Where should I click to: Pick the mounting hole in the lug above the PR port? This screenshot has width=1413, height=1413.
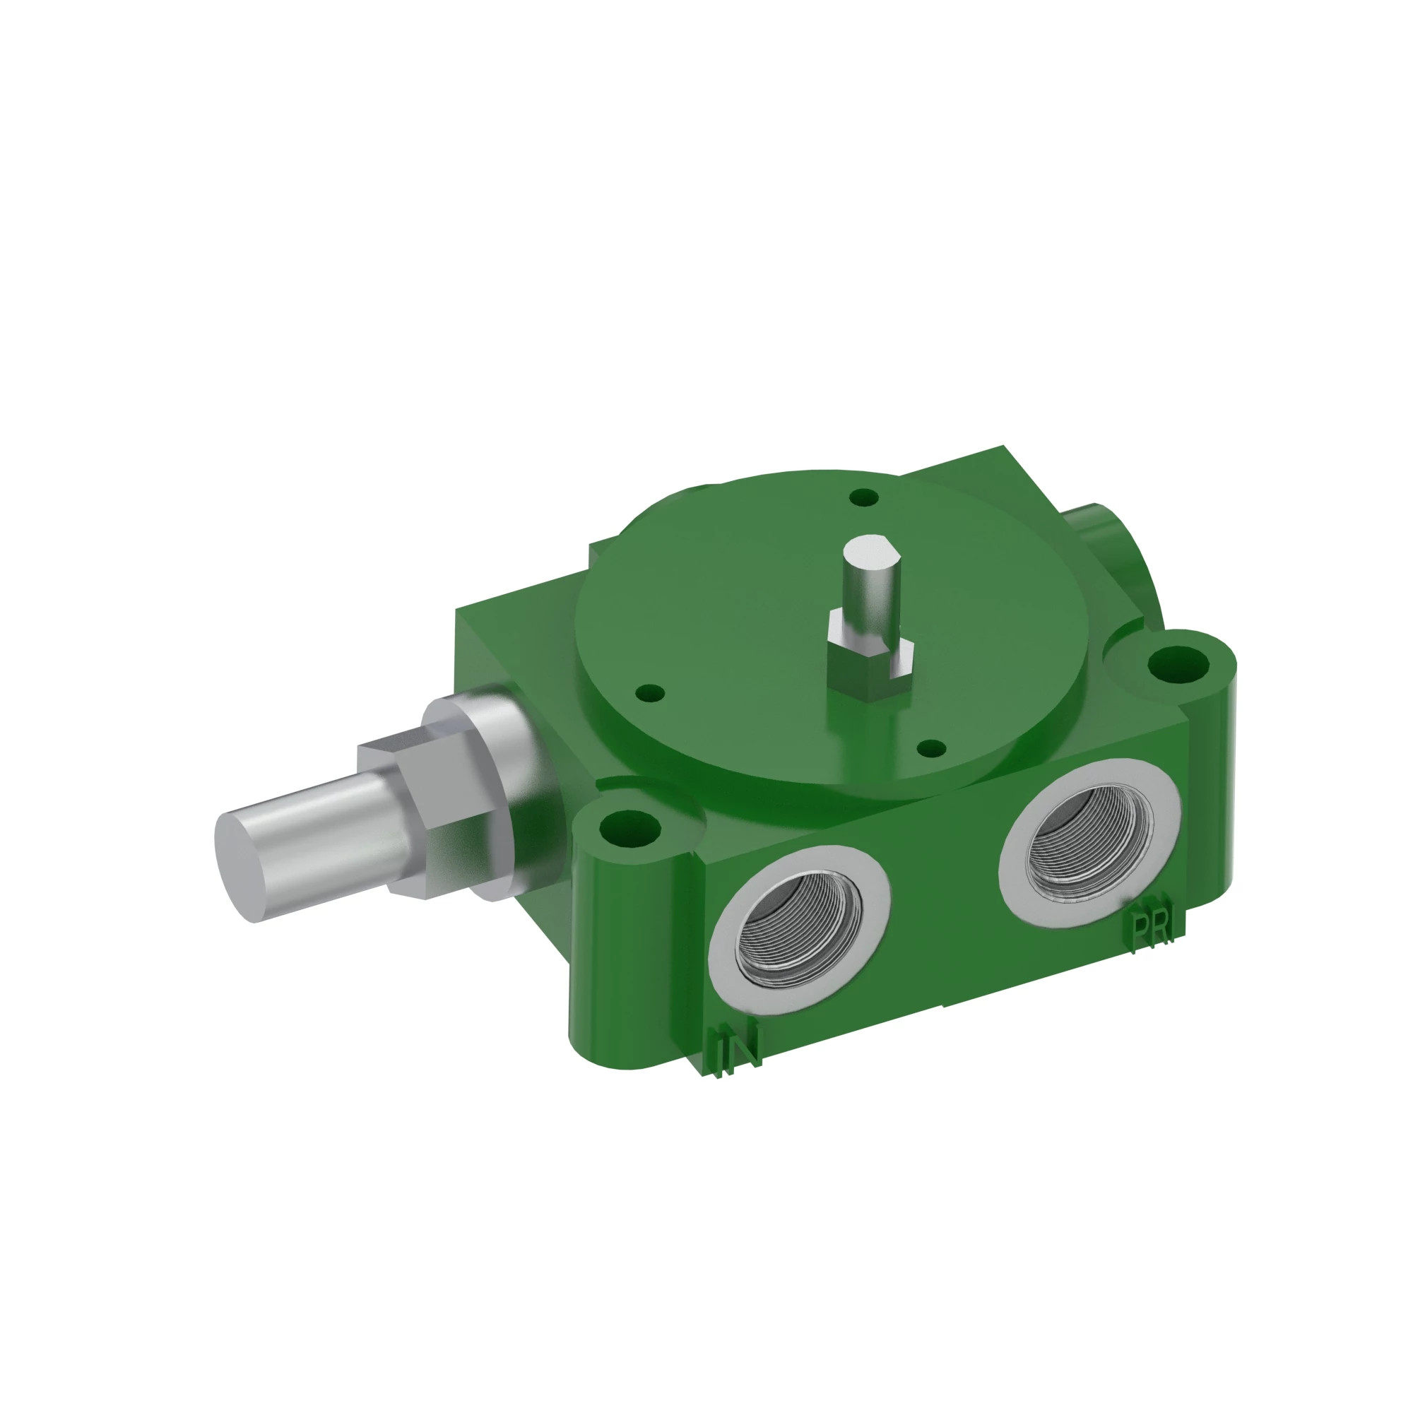1178,664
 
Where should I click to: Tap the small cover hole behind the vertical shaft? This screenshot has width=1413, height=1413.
865,497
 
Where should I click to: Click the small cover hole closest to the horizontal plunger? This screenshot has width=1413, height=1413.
650,692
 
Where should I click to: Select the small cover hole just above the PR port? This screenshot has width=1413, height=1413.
932,747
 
